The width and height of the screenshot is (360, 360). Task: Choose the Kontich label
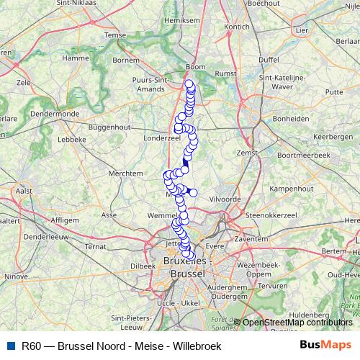pyautogui.click(x=238, y=26)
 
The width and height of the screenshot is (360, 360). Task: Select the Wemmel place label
pyautogui.click(x=161, y=215)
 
